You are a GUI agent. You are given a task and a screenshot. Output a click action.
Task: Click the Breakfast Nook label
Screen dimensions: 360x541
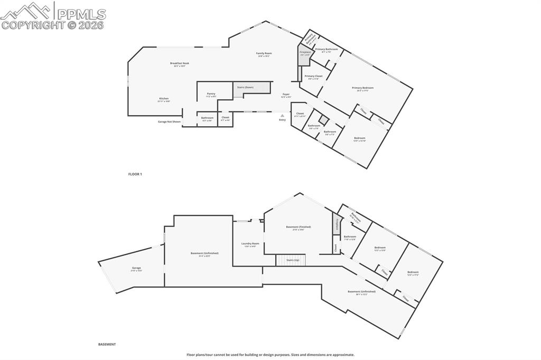(x=179, y=63)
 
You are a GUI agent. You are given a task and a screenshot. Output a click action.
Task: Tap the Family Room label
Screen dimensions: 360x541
(x=264, y=53)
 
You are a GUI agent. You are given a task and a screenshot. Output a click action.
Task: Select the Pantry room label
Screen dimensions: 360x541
(x=211, y=94)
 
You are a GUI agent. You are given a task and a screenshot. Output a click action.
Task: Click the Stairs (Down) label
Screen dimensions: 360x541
(x=245, y=87)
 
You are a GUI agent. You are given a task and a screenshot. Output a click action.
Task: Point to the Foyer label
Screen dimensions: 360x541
(x=286, y=94)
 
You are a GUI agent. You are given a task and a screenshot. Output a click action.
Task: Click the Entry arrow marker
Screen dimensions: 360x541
(x=283, y=115)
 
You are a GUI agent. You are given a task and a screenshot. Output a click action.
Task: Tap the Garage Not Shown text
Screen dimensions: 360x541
(x=169, y=121)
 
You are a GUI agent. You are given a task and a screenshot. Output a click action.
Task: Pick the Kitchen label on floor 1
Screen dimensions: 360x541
(x=164, y=99)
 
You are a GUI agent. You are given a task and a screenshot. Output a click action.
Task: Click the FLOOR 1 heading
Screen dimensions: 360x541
(x=135, y=174)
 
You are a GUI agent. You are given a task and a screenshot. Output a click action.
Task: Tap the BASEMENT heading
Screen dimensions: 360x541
(x=107, y=344)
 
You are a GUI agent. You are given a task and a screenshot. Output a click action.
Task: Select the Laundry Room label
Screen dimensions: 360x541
(x=250, y=244)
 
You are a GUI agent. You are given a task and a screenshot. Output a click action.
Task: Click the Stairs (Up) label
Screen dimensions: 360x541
(x=293, y=260)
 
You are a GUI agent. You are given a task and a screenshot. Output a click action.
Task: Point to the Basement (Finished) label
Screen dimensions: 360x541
(x=299, y=227)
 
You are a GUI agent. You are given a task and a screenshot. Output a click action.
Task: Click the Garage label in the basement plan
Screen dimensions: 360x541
(x=136, y=268)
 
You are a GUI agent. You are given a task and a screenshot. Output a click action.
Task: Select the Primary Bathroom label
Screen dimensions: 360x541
(x=327, y=50)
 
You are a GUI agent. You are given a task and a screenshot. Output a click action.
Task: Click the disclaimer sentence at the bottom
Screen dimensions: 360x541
(x=270, y=355)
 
